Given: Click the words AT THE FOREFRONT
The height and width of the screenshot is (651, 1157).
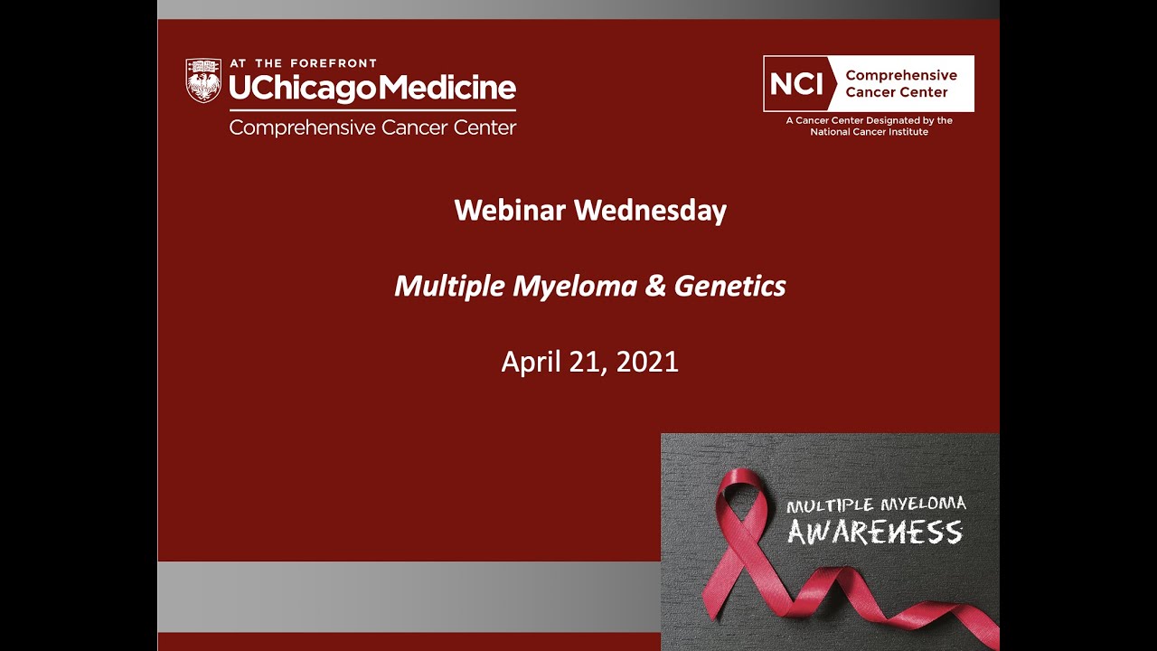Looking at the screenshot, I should point(303,64).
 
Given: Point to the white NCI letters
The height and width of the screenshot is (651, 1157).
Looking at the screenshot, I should point(796,84).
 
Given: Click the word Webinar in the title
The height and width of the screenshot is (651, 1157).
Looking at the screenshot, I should point(510,211).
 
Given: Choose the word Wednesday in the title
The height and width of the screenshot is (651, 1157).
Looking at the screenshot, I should point(650,211).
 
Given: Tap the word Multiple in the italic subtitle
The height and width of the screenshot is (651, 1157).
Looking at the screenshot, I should point(449,287).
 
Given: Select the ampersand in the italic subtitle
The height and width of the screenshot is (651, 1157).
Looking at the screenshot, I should point(654,287).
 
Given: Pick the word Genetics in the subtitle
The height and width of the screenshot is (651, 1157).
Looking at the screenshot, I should point(729,287).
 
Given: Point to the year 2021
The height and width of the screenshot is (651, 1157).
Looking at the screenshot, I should point(648,362).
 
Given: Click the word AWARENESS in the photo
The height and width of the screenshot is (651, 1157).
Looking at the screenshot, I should point(874,532).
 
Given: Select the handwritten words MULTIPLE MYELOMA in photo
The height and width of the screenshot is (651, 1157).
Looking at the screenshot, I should point(876,505).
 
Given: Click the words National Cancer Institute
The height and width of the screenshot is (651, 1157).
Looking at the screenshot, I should point(869,132).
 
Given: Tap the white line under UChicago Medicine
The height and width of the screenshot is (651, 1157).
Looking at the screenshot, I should point(372,110).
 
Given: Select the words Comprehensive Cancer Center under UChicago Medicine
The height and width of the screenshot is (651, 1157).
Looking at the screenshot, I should point(372,127).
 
